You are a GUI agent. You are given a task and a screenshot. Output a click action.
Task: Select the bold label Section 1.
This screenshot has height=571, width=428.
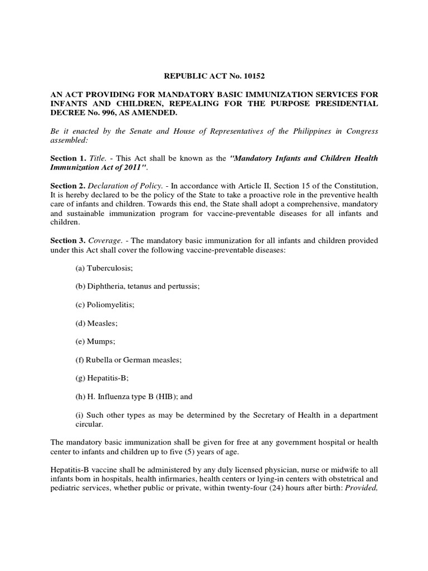[67, 158]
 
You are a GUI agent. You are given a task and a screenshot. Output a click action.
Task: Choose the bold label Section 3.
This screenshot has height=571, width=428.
[67, 240]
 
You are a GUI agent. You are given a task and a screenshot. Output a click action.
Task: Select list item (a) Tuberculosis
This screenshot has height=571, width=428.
[104, 268]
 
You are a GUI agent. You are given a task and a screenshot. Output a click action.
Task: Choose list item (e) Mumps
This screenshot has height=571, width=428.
[95, 342]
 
